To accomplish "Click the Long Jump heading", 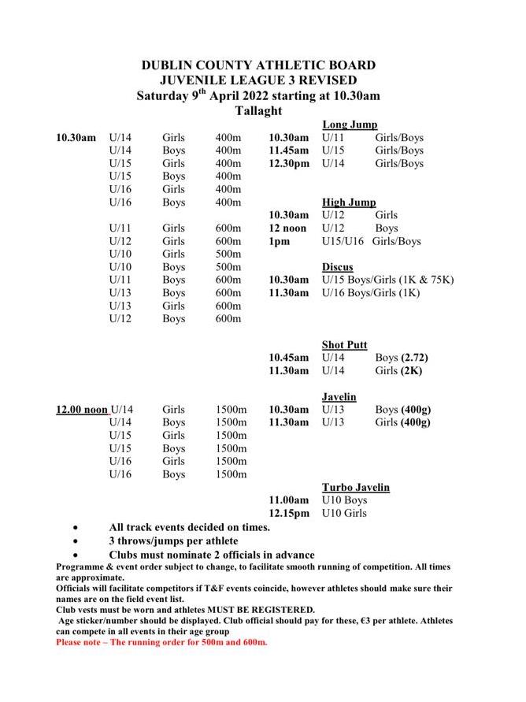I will click(350, 124).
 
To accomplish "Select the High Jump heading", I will click(349, 202).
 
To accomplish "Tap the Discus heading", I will click(338, 267).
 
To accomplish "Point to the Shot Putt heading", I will click(345, 345).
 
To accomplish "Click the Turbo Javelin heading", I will click(356, 487).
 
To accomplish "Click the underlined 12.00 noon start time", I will click(82, 410).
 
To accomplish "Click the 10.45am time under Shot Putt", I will click(289, 358).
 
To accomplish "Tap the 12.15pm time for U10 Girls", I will click(289, 513).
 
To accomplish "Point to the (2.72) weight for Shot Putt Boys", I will click(415, 358).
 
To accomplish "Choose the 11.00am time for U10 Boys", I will click(289, 500).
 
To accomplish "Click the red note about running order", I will click(161, 642).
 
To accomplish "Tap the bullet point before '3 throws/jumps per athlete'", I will click(75, 541).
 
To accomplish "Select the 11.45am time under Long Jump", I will click(289, 150).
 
